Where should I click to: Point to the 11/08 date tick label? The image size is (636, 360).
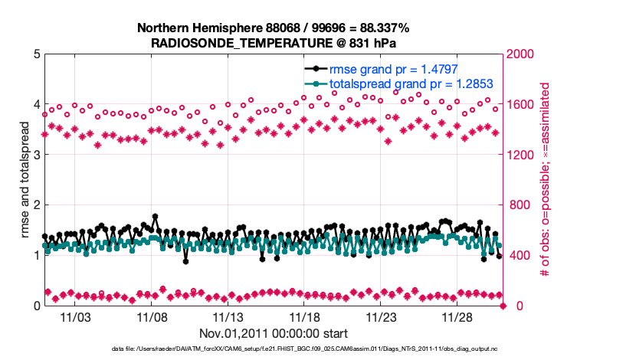pyautogui.click(x=152, y=317)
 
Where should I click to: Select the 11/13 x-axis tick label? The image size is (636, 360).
pyautogui.click(x=228, y=317)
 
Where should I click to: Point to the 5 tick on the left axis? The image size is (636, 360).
pyautogui.click(x=36, y=54)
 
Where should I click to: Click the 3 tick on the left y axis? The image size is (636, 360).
pyautogui.click(x=36, y=155)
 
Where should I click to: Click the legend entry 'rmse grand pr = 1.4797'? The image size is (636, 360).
pyautogui.click(x=398, y=68)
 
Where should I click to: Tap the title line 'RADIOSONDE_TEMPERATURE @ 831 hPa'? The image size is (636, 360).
pyautogui.click(x=273, y=43)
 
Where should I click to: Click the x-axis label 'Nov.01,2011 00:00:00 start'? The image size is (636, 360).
pyautogui.click(x=274, y=333)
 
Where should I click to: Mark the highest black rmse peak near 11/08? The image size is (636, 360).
pyautogui.click(x=155, y=216)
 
